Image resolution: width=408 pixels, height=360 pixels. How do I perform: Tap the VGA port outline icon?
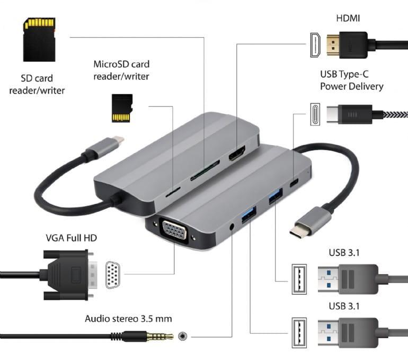[112, 275]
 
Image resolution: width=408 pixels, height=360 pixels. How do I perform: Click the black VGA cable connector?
[69, 275]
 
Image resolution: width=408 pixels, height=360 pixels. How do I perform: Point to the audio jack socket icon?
[183, 336]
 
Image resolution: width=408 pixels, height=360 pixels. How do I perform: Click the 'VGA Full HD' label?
[71, 238]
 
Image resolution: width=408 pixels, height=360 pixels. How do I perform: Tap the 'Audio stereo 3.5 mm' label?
[128, 319]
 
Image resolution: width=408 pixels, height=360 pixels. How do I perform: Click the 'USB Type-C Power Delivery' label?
[351, 80]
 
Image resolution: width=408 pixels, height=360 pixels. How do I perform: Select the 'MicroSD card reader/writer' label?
[121, 70]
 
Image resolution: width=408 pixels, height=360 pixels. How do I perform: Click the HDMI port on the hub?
[236, 156]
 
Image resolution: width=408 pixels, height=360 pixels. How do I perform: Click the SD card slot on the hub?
[202, 174]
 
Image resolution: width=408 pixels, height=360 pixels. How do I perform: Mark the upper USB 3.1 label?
[344, 253]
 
